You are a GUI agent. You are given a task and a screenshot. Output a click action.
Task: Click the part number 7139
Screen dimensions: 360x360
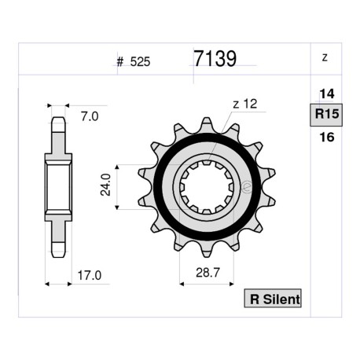click(x=214, y=60)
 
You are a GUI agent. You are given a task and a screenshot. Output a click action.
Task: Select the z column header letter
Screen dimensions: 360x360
click(x=325, y=58)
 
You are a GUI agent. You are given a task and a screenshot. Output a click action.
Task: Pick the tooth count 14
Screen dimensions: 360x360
click(x=325, y=94)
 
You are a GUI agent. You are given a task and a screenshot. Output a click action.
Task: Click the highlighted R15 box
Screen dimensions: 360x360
click(x=325, y=116)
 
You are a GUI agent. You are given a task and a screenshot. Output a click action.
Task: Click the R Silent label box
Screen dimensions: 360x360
click(x=273, y=299)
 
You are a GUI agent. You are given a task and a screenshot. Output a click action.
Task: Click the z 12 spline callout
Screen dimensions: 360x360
click(x=245, y=104)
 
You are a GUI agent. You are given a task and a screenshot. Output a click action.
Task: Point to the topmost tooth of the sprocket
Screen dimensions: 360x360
click(x=207, y=125)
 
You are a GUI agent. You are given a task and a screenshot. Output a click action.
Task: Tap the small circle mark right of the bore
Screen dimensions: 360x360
click(x=246, y=187)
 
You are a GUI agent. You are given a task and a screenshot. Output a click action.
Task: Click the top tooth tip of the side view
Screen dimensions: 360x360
click(x=57, y=122)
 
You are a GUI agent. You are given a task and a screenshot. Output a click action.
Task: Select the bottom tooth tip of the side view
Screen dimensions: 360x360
click(x=57, y=252)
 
